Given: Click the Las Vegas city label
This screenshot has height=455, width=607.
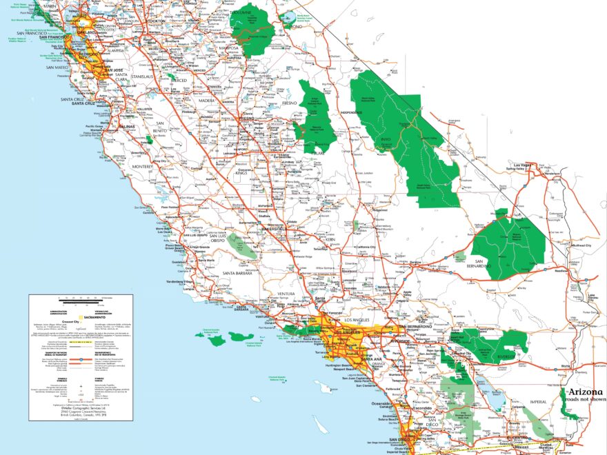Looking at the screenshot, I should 524,165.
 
